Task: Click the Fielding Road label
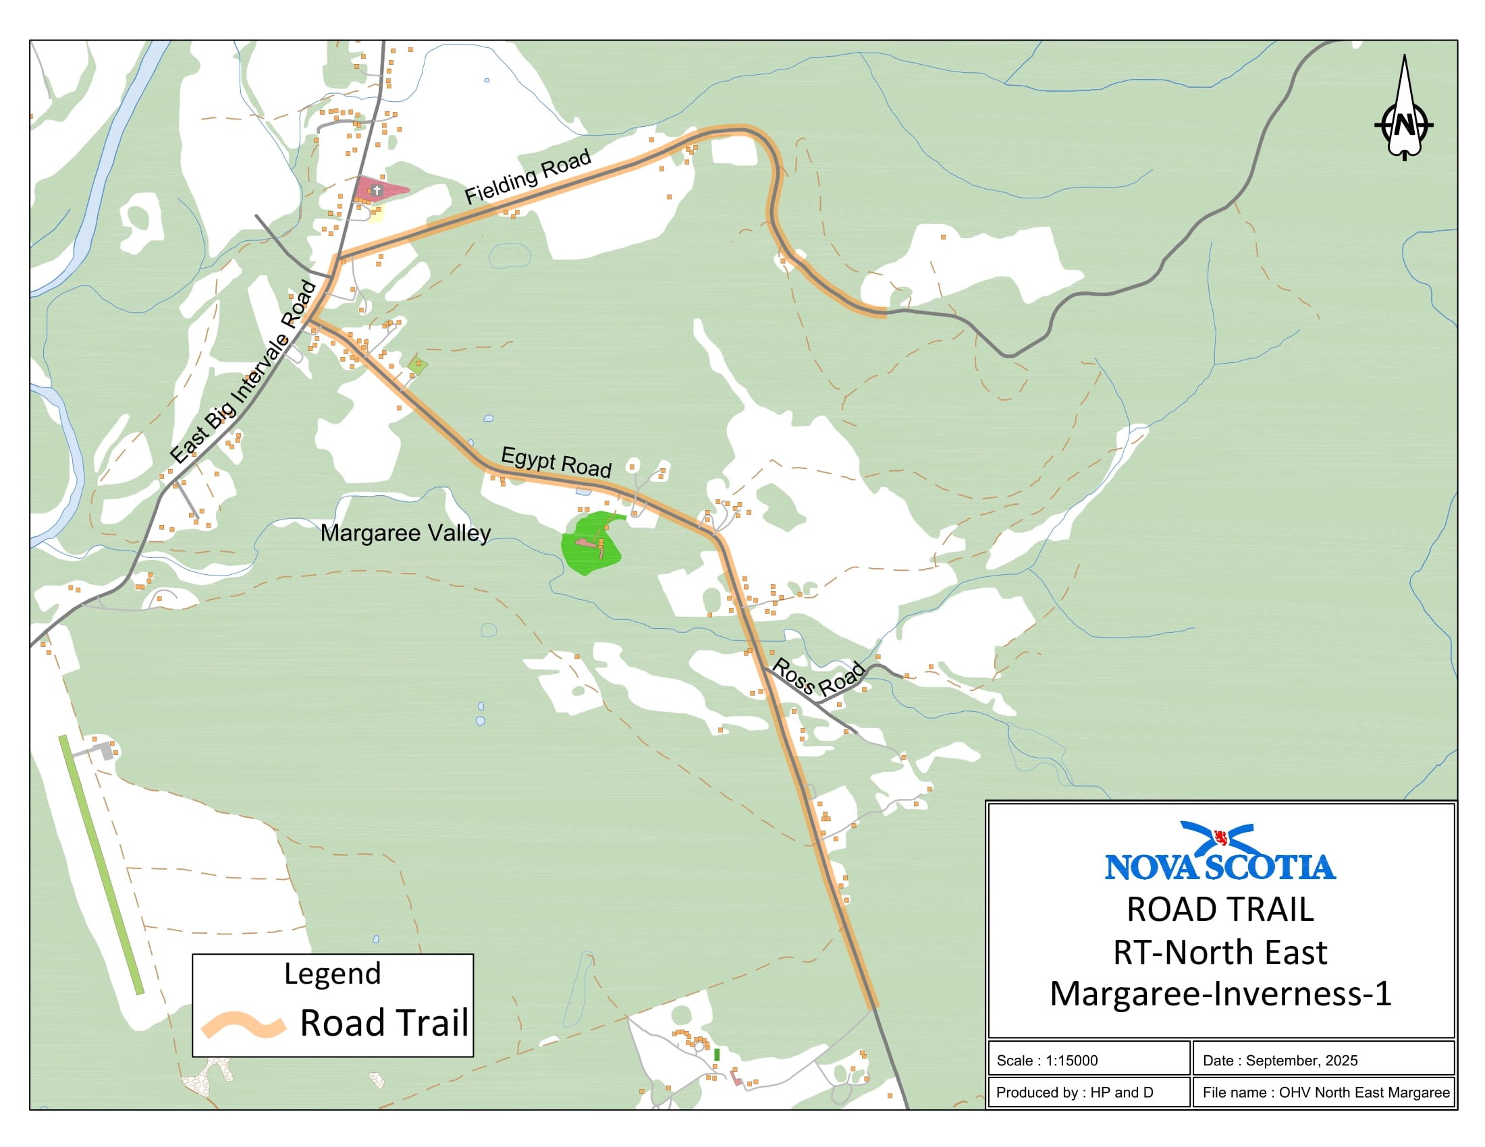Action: tap(527, 177)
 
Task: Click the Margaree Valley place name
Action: tap(405, 533)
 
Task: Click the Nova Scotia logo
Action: tap(1220, 852)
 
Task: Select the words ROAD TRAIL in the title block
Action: tap(1220, 910)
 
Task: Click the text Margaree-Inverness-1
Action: tap(1220, 993)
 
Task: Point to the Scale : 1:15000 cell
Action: tap(1088, 1060)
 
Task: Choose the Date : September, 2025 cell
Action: tap(1322, 1060)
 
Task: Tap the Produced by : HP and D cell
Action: tap(1088, 1092)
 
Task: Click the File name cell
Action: tap(1322, 1092)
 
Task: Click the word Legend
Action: tap(333, 973)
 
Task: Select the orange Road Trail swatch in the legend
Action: tap(243, 1025)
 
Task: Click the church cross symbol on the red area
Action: tap(377, 191)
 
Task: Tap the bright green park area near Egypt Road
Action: tap(590, 544)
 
